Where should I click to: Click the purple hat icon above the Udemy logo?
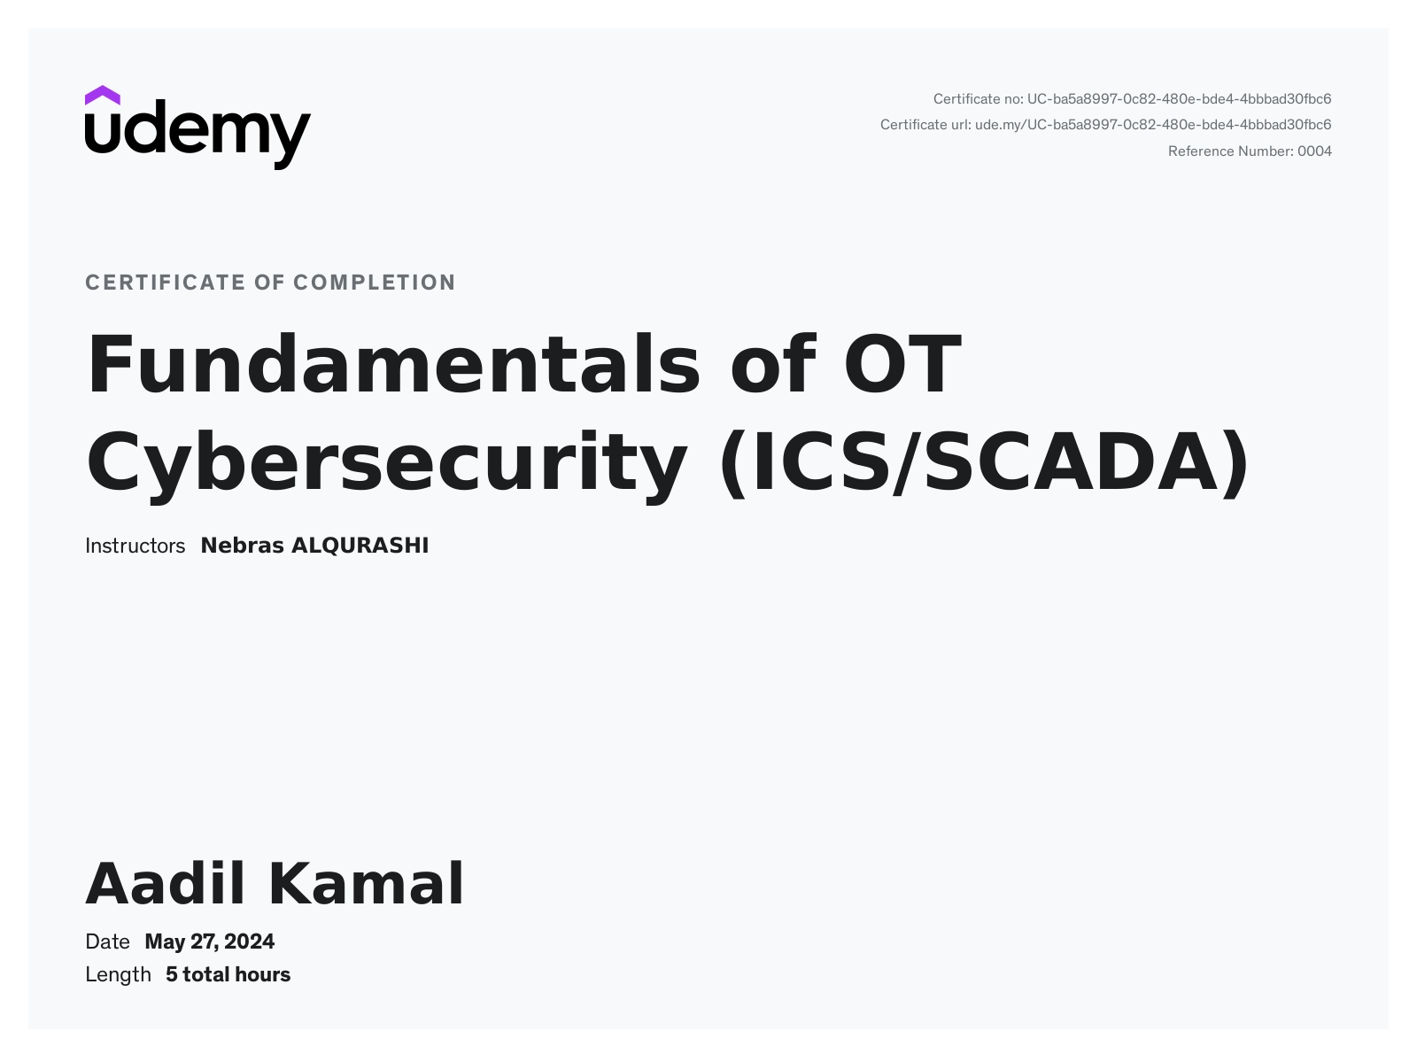coord(102,96)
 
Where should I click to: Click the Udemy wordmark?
coord(197,135)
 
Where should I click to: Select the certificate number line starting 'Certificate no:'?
coord(1132,99)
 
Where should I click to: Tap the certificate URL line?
coord(1106,125)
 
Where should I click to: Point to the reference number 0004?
coord(1315,151)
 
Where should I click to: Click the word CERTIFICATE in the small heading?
coord(166,283)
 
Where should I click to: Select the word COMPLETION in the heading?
coord(375,283)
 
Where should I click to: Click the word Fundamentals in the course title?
coord(393,364)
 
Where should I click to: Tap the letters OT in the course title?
coord(902,364)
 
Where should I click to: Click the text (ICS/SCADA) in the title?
coord(984,464)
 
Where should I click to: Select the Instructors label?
coord(135,546)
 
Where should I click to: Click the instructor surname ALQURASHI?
coord(360,546)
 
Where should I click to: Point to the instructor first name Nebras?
coord(242,546)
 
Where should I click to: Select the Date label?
coord(107,942)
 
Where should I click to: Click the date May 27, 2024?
coord(210,942)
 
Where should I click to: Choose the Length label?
coord(118,975)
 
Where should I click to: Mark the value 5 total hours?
coord(228,975)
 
